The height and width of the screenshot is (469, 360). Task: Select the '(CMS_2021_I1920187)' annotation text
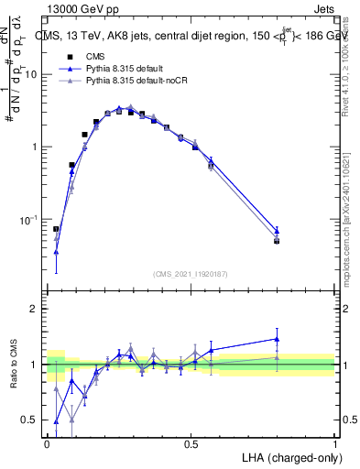[191, 274]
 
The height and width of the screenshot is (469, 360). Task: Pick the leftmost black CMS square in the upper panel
[56, 229]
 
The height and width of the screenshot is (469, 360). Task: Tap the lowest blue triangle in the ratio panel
[56, 422]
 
